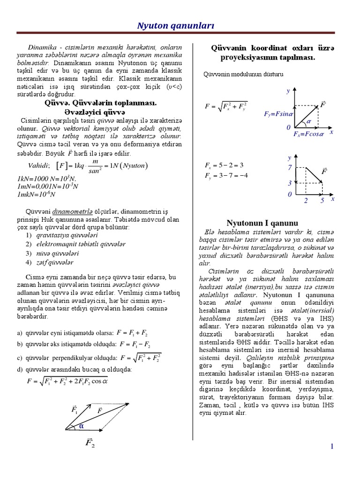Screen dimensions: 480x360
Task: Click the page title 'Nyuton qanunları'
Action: coord(175,26)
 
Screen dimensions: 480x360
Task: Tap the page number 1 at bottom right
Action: coord(332,447)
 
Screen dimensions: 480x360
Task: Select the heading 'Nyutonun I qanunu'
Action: coord(262,223)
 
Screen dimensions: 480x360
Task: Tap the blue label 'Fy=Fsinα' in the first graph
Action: coord(278,114)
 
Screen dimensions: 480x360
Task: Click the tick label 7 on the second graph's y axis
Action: coord(290,167)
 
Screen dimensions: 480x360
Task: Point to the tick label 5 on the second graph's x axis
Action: coord(322,201)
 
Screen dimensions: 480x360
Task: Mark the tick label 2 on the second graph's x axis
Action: coord(306,201)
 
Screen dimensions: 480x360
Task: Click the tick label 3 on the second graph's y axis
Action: coord(290,183)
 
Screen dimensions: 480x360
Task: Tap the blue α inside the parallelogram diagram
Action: coord(81,426)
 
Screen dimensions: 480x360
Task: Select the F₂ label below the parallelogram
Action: coord(90,443)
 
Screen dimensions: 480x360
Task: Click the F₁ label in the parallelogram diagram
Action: coord(75,410)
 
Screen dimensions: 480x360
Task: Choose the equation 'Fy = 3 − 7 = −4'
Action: coord(226,176)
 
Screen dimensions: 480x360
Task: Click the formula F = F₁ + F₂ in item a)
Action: coord(133,333)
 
